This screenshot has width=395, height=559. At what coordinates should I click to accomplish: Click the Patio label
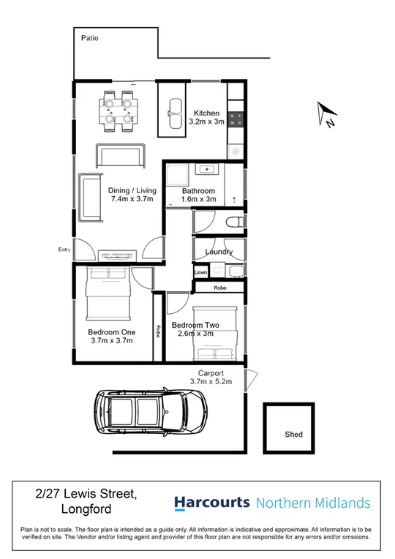tap(90, 37)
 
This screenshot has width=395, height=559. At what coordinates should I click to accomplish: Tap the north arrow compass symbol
tap(326, 114)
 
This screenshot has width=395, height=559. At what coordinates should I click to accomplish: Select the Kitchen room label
tap(206, 113)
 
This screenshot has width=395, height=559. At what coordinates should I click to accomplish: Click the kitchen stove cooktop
tap(236, 116)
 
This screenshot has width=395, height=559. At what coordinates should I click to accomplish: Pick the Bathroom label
tap(198, 190)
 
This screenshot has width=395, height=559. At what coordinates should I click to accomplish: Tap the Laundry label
tap(219, 252)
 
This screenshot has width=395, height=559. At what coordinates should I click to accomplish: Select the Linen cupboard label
tap(200, 272)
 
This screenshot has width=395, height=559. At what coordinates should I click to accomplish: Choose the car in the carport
tap(150, 413)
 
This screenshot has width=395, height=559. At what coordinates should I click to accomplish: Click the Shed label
tap(293, 435)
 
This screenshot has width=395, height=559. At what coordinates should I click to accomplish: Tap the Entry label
tap(64, 250)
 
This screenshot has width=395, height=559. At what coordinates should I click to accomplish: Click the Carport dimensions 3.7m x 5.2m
tap(211, 381)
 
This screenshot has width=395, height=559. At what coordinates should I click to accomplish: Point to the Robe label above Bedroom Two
tap(219, 288)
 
